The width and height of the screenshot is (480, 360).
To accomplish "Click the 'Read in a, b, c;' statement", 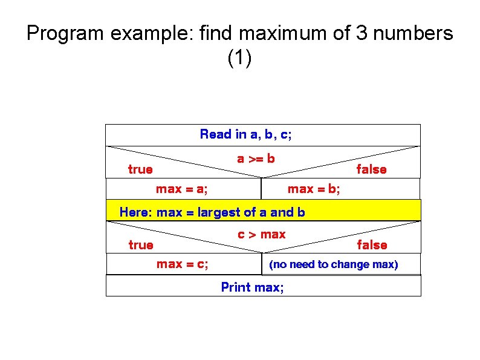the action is (x=245, y=134).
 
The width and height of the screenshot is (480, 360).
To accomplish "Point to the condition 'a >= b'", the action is (x=256, y=159).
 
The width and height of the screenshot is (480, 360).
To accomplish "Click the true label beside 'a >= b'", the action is (x=140, y=170).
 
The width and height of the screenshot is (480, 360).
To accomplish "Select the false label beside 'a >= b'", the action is (x=371, y=170).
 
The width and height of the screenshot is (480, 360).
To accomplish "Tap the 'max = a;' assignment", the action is (x=182, y=189).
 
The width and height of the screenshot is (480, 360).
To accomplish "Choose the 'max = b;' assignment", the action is (x=314, y=189).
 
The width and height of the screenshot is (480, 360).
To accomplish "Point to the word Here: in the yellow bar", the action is (x=136, y=212).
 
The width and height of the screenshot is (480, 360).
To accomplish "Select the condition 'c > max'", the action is (x=261, y=235).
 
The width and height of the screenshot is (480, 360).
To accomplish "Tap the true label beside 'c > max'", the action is (x=141, y=245).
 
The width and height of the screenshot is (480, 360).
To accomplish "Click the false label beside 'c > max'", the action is (x=372, y=245).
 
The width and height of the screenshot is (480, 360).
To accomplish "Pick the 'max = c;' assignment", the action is (x=183, y=264).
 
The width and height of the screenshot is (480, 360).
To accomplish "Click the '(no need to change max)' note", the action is (x=334, y=264).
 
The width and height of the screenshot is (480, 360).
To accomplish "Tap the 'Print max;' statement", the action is (x=252, y=287).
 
